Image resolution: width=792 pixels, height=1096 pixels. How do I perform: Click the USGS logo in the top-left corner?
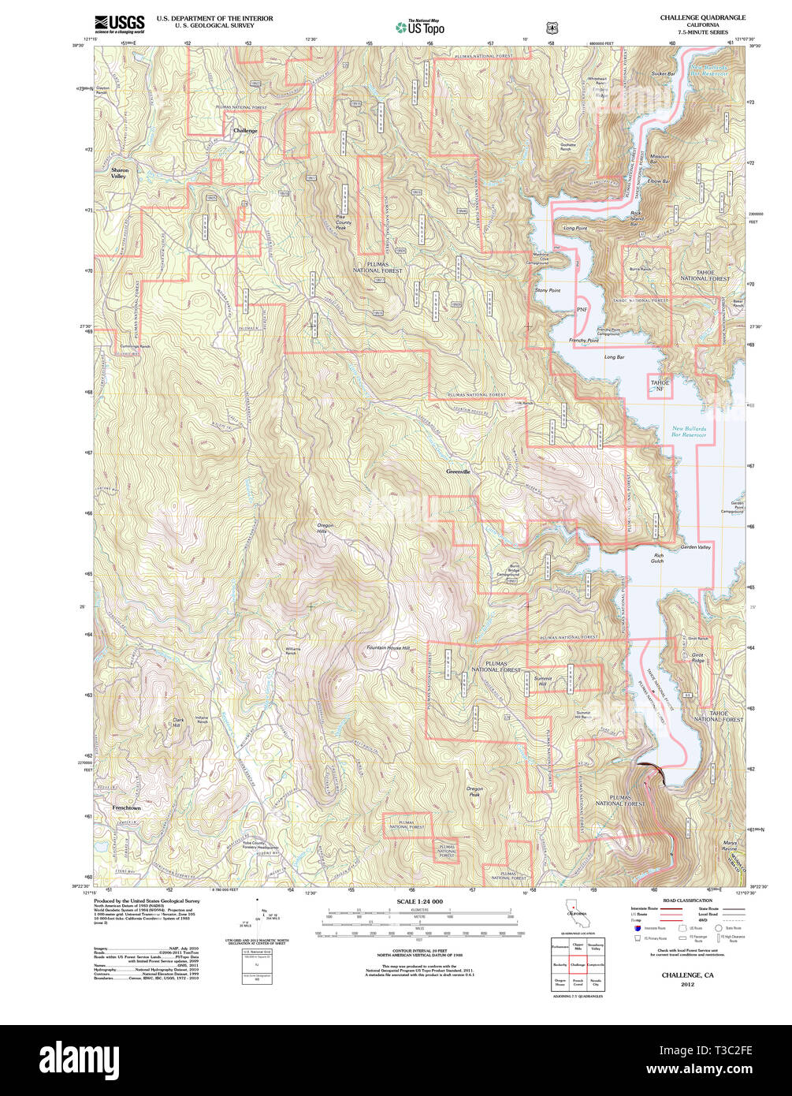119,23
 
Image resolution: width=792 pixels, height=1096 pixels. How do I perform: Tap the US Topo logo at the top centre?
420,27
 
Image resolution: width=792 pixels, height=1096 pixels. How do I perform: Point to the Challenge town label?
245,130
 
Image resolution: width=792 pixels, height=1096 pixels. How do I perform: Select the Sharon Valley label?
119,173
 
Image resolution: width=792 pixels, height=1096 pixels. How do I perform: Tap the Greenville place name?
458,472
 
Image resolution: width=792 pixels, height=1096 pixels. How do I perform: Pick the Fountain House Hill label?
389,648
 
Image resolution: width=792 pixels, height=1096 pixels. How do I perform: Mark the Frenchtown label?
126,808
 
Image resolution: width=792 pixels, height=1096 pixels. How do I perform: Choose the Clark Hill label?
177,722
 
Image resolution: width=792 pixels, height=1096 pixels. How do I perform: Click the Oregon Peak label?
474,792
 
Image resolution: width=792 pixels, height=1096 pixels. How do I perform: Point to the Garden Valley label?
695,547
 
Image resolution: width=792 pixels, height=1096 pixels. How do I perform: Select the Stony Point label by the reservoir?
548,291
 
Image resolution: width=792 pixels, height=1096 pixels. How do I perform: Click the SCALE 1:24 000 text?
419,901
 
